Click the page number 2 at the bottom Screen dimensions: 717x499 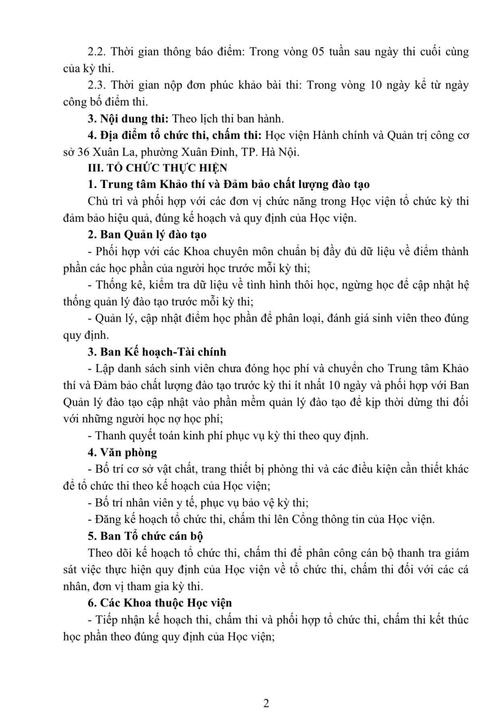coord(265,703)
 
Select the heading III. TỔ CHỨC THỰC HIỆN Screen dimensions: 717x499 coord(157,168)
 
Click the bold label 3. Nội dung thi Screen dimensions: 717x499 coord(128,119)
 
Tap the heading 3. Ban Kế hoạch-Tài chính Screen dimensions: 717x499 coord(157,351)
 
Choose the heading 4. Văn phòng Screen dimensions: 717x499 coord(122,452)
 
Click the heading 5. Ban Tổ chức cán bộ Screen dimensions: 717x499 coord(145,536)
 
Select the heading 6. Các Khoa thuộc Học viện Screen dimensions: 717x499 coord(160,603)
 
